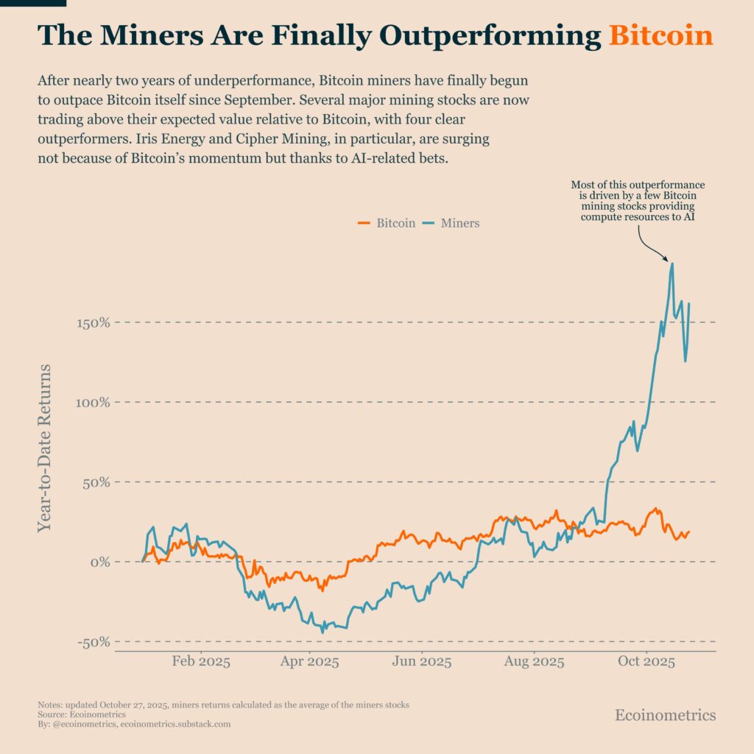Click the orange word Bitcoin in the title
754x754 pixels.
[661, 35]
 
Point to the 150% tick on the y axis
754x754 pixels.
[94, 323]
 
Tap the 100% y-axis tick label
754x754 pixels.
[94, 403]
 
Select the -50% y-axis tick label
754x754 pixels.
[94, 642]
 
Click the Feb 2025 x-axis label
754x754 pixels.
[201, 662]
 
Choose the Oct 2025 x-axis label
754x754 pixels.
[646, 662]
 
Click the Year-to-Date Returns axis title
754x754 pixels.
[46, 447]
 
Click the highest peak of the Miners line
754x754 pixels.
[672, 264]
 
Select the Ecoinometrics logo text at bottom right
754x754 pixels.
[665, 715]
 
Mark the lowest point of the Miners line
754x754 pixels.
[322, 631]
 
